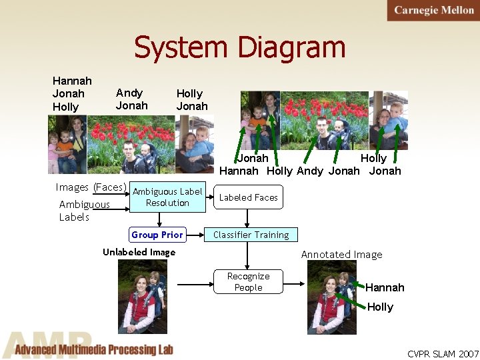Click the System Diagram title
pos(240,48)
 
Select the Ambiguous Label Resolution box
pos(167,197)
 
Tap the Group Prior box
pos(157,235)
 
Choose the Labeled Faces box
pos(248,197)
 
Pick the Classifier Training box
pos(251,235)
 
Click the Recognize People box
pos(248,282)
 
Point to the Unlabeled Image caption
pos(139,253)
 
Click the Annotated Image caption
pos(341,254)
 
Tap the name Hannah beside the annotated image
pos(385,287)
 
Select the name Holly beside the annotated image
pos(380,307)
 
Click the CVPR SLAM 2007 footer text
pos(443,353)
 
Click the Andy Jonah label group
pos(131,99)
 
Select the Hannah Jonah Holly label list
pos(71,94)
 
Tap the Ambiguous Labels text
pos(84,211)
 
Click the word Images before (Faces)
pos(72,187)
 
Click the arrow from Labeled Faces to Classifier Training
pos(247,218)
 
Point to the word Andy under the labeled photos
pos(310,171)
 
